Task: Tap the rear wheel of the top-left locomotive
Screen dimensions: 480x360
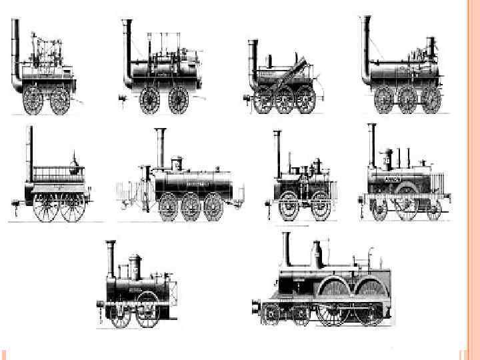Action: coord(60,100)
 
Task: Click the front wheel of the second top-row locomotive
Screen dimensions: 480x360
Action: coord(149,100)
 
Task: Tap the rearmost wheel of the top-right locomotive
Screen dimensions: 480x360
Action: coord(431,100)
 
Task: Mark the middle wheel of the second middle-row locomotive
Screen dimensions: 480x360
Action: coord(191,207)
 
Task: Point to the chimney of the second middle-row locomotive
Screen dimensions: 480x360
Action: coord(160,148)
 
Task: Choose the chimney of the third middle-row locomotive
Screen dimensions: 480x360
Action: coord(277,153)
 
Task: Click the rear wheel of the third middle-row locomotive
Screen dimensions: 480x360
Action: coord(321,206)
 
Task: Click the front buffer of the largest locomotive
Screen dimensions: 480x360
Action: coord(255,308)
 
